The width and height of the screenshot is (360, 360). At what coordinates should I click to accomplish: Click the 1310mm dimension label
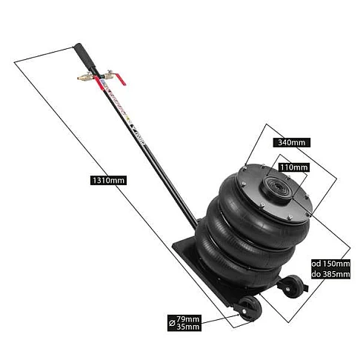(x=108, y=180)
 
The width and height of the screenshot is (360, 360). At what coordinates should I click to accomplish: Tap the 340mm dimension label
(x=291, y=142)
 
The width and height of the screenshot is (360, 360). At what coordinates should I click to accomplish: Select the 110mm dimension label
(x=293, y=167)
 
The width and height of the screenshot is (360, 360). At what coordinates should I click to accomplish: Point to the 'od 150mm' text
(x=330, y=264)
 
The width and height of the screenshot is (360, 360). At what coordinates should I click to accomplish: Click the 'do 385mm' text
(x=330, y=274)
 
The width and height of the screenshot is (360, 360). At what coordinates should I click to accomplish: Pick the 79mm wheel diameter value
(x=187, y=319)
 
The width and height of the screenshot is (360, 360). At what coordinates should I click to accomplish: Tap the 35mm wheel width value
(x=187, y=327)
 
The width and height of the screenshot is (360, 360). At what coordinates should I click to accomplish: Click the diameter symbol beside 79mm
(x=172, y=323)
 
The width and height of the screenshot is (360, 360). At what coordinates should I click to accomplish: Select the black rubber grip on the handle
(x=84, y=57)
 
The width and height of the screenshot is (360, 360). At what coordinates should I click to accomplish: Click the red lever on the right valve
(x=120, y=79)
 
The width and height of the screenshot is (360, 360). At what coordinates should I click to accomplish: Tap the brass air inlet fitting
(x=81, y=79)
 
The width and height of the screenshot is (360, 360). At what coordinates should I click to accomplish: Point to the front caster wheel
(x=250, y=309)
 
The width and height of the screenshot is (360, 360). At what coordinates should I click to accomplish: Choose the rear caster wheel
(x=293, y=287)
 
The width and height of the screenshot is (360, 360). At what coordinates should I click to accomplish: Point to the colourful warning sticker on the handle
(x=113, y=99)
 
